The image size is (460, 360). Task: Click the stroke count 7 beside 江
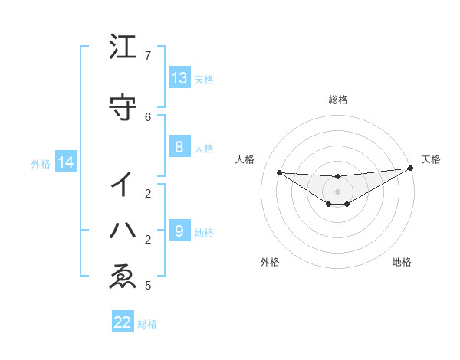(x=148, y=56)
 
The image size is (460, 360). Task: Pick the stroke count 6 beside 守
(x=148, y=116)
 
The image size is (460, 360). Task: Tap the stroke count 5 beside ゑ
(x=148, y=286)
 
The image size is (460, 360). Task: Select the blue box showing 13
(x=179, y=77)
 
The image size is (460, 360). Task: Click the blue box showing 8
(x=179, y=147)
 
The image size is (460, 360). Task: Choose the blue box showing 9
(x=179, y=231)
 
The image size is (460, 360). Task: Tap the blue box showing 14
(x=64, y=162)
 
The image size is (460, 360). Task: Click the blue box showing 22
(x=123, y=322)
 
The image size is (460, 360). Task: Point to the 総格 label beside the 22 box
(x=147, y=324)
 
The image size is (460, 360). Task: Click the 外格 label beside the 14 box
(x=40, y=164)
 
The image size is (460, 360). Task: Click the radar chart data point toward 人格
(x=279, y=172)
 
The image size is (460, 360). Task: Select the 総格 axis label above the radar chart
(x=338, y=100)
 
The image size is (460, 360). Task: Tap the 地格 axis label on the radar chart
(x=402, y=263)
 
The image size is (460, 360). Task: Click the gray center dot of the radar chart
(x=338, y=191)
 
